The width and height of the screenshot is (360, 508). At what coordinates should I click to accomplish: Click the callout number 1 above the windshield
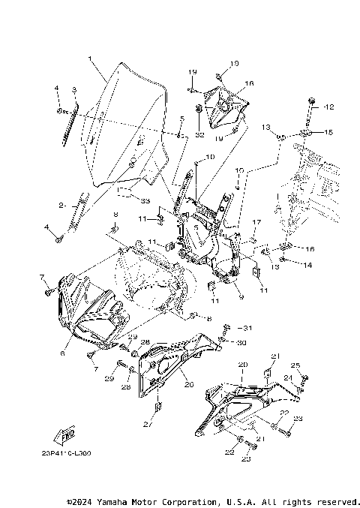pos(89,59)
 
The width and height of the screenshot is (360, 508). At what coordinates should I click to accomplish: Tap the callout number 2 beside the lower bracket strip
pos(62,205)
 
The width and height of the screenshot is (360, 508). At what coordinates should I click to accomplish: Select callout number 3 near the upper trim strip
pos(73,90)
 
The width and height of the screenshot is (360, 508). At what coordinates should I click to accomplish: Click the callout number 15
pos(327,132)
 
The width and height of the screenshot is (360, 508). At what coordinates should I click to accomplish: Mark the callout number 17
pos(255,223)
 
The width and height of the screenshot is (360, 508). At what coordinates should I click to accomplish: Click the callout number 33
pos(145,200)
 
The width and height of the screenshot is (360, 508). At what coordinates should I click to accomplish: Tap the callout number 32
pos(199,136)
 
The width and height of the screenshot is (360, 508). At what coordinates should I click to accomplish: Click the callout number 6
pos(63,353)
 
